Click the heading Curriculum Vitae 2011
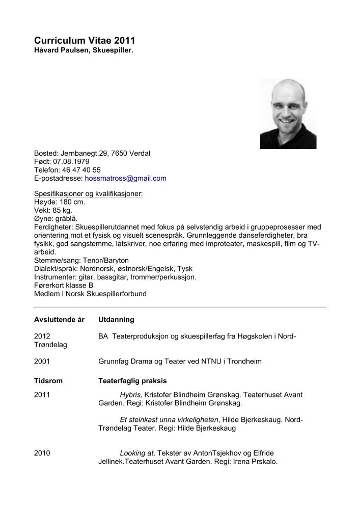click(x=85, y=41)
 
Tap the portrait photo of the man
click(x=288, y=114)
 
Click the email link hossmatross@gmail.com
click(x=126, y=179)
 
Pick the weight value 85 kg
click(x=61, y=210)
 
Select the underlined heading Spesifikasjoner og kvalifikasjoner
click(x=88, y=194)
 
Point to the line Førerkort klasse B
click(x=64, y=286)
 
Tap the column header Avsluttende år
click(x=59, y=320)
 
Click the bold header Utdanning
click(x=116, y=320)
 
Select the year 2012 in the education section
click(x=42, y=336)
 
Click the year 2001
click(x=42, y=361)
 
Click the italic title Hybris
click(x=131, y=394)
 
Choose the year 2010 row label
click(x=42, y=453)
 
